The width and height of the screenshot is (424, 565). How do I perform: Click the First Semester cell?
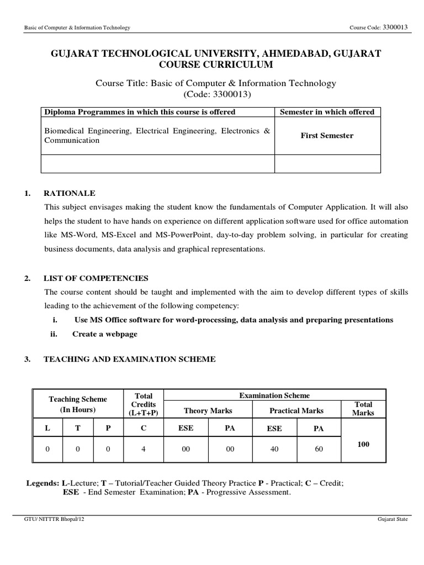pyautogui.click(x=327, y=136)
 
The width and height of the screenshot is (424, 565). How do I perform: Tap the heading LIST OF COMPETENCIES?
pyautogui.click(x=96, y=278)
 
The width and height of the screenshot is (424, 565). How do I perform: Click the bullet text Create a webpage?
pyautogui.click(x=105, y=334)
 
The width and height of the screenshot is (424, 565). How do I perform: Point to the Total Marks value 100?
pyautogui.click(x=363, y=444)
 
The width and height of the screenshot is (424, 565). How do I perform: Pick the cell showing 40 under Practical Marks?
pyautogui.click(x=274, y=449)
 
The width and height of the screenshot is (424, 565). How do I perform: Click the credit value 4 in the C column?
pyautogui.click(x=144, y=449)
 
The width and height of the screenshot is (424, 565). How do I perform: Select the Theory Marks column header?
pyautogui.click(x=208, y=411)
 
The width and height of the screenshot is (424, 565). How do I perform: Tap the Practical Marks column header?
pyautogui.click(x=296, y=411)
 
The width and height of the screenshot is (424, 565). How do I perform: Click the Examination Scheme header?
pyautogui.click(x=274, y=396)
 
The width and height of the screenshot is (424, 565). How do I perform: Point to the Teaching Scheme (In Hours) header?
pyautogui.click(x=78, y=404)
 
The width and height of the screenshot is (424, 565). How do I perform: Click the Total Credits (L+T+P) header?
pyautogui.click(x=144, y=404)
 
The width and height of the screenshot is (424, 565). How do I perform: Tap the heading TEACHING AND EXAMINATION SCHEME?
pyautogui.click(x=130, y=359)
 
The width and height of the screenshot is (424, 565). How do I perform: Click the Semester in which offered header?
pyautogui.click(x=327, y=112)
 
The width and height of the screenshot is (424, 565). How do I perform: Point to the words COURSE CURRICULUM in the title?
pyautogui.click(x=216, y=65)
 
